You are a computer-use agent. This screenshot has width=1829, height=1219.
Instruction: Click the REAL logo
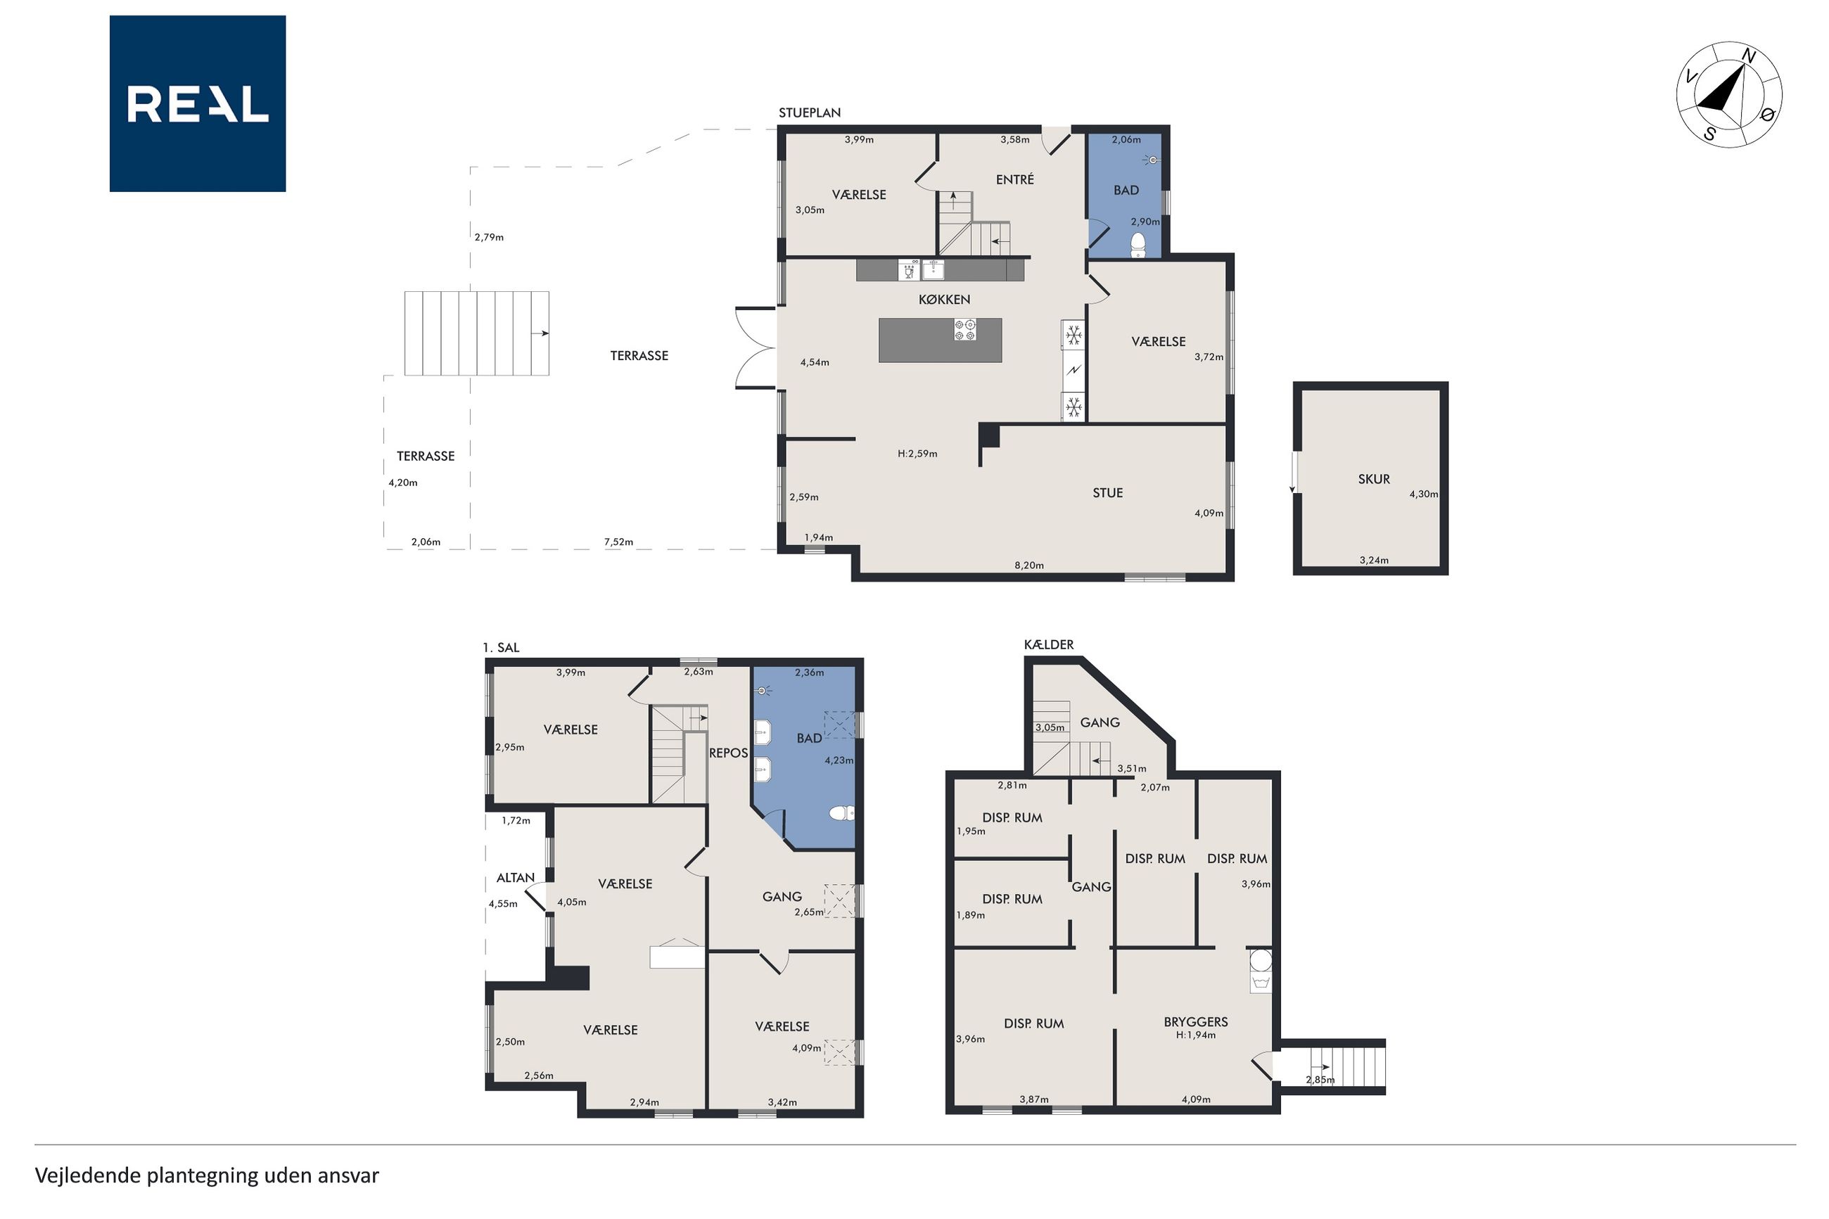click(x=198, y=103)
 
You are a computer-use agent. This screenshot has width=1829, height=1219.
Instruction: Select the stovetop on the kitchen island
click(x=964, y=330)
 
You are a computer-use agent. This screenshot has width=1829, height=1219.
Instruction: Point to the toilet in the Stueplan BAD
click(x=1138, y=244)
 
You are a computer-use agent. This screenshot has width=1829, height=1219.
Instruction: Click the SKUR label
click(x=1373, y=479)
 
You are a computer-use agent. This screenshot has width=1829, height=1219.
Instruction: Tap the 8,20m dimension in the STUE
click(x=1028, y=566)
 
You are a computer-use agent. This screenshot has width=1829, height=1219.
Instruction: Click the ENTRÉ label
click(x=1014, y=179)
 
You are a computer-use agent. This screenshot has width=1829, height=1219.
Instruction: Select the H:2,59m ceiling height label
click(x=917, y=453)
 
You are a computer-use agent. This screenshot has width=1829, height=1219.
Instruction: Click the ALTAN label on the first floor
click(x=516, y=878)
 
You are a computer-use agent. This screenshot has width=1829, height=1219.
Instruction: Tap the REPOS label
click(x=728, y=753)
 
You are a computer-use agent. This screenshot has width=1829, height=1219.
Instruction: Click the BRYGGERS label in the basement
click(x=1195, y=1021)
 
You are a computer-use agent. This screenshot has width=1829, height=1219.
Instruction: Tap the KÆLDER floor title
click(x=1049, y=644)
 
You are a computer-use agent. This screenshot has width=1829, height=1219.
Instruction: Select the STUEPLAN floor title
click(x=809, y=113)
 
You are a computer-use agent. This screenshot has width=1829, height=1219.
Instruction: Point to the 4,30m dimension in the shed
click(x=1423, y=494)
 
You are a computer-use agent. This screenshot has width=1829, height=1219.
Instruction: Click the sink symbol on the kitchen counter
click(x=933, y=270)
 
